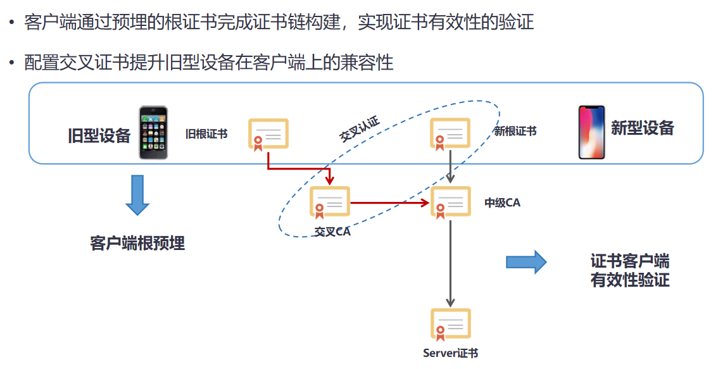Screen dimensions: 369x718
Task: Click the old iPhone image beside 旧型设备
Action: tap(154, 132)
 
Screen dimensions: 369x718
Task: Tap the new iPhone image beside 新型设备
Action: tap(591, 132)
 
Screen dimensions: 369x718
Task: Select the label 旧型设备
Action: tap(99, 135)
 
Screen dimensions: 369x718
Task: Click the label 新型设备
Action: tap(642, 128)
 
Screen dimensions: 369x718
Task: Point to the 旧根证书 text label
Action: tap(206, 134)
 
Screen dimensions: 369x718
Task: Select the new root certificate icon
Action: tap(450, 135)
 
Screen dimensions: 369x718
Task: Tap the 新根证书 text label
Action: tap(515, 132)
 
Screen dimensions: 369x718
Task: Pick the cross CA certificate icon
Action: tap(329, 203)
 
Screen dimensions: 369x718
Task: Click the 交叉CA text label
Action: tap(332, 232)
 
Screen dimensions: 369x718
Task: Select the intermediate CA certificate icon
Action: tap(450, 203)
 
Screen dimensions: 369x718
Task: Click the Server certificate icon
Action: tap(450, 325)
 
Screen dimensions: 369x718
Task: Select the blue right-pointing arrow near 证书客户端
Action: tap(526, 261)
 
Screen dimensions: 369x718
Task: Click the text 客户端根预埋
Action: tap(137, 243)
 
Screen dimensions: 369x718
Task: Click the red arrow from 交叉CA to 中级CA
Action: tap(389, 203)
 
